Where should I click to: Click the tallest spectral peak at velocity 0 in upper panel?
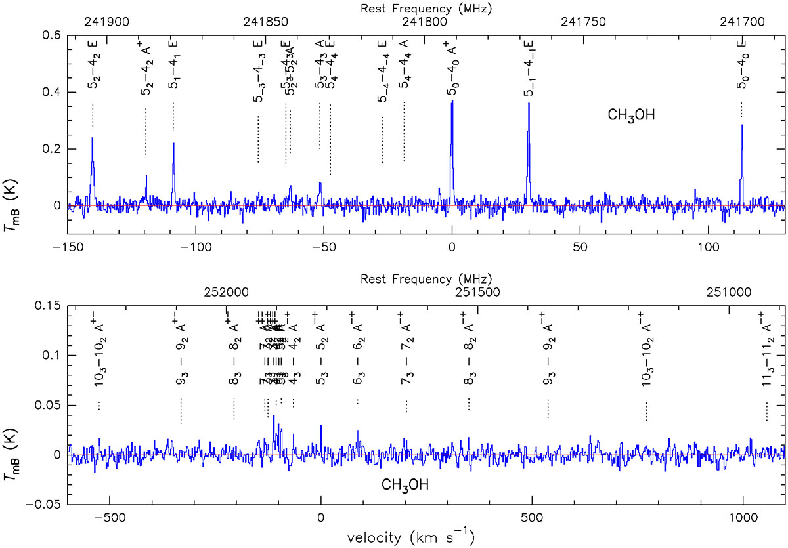(452, 102)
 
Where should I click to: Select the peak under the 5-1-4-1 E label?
(528, 105)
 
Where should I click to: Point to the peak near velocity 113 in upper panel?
(742, 126)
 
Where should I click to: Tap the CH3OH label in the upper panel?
(630, 117)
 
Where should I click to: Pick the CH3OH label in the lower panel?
(406, 485)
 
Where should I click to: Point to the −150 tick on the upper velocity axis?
(67, 245)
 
